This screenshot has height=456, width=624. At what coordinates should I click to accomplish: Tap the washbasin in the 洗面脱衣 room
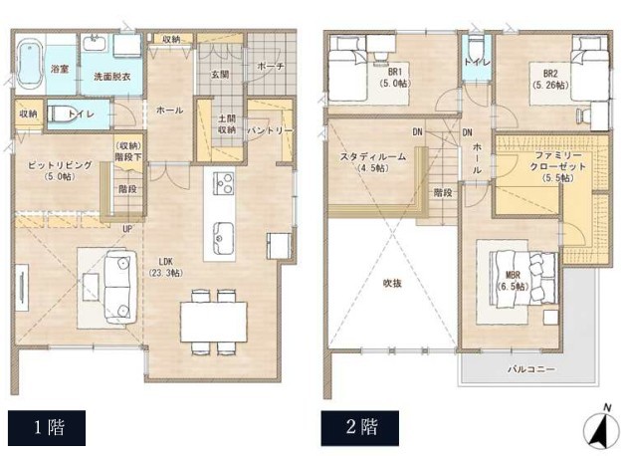tap(95, 43)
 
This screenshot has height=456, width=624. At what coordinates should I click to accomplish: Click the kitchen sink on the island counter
tap(219, 238)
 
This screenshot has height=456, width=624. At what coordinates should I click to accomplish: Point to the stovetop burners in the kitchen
tap(224, 183)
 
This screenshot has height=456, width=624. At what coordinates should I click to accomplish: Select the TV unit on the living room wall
tap(22, 287)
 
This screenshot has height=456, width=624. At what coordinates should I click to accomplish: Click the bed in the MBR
tap(523, 278)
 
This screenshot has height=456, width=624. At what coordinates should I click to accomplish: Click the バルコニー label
tap(531, 369)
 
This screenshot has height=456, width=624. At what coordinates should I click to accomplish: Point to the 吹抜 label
tap(392, 283)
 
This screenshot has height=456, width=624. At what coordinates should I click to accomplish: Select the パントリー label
tap(270, 130)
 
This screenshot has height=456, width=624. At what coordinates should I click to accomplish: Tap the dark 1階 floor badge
tap(47, 428)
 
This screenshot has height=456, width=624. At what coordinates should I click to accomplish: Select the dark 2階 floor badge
tap(360, 428)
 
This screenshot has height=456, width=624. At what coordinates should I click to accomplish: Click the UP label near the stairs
tap(127, 229)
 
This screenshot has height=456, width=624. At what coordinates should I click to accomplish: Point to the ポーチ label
tap(271, 66)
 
